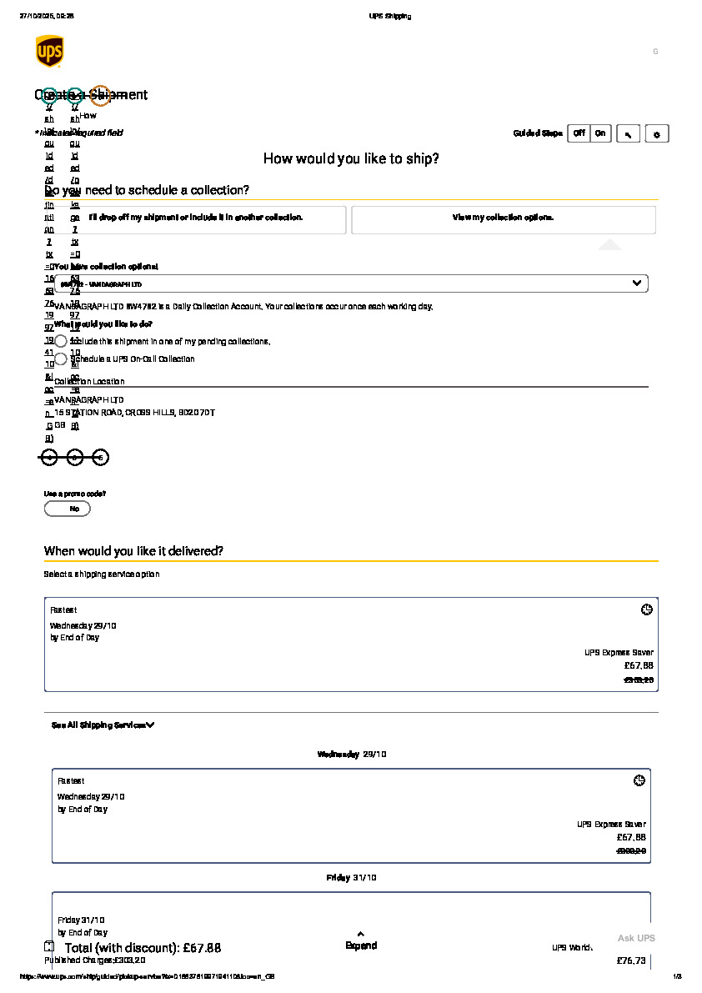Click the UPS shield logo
[49, 52]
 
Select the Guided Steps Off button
[579, 133]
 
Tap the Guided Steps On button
[600, 133]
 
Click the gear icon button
[656, 134]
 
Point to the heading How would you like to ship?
[351, 158]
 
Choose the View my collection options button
[503, 218]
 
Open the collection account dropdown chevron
[638, 283]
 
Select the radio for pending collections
[61, 342]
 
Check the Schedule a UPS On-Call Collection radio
[61, 359]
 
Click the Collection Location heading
[89, 382]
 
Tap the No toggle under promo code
[68, 509]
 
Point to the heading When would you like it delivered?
[133, 551]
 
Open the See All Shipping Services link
[103, 725]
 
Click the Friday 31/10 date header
[351, 878]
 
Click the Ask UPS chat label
[636, 939]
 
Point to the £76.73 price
[631, 961]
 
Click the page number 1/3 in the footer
[677, 976]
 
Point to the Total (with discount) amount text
[143, 948]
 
